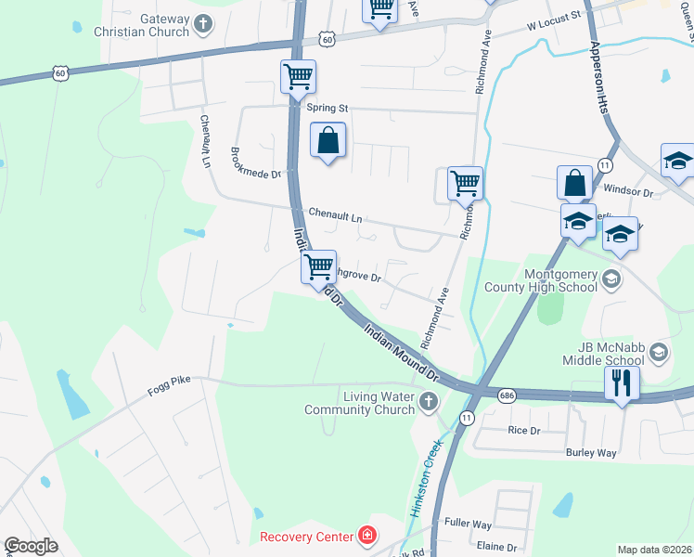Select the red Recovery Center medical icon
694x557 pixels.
point(367,537)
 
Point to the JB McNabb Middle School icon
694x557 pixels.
point(658,352)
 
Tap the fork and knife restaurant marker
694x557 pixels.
point(620,382)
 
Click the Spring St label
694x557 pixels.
point(327,108)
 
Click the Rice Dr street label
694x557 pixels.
point(523,430)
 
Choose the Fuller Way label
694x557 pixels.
point(468,524)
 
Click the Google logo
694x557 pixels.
point(31,546)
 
